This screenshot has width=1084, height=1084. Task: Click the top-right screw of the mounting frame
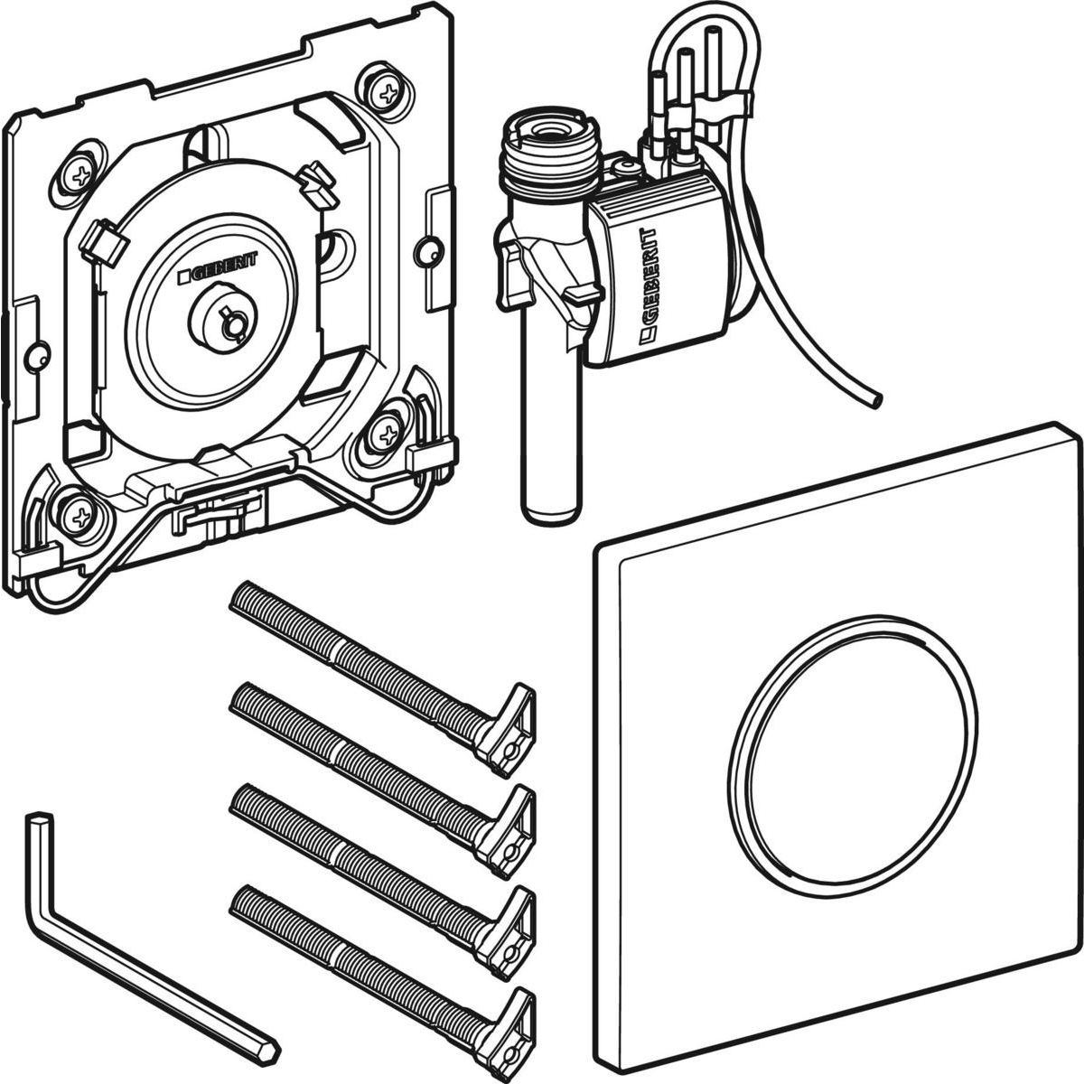tap(388, 93)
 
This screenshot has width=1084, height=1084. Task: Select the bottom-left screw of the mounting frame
tap(80, 514)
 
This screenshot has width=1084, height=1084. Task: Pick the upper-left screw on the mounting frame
tap(82, 176)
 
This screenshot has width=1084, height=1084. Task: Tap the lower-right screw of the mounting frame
tap(388, 434)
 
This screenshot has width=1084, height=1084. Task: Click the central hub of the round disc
tap(223, 322)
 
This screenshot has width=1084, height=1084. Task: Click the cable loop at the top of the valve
tap(706, 68)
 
